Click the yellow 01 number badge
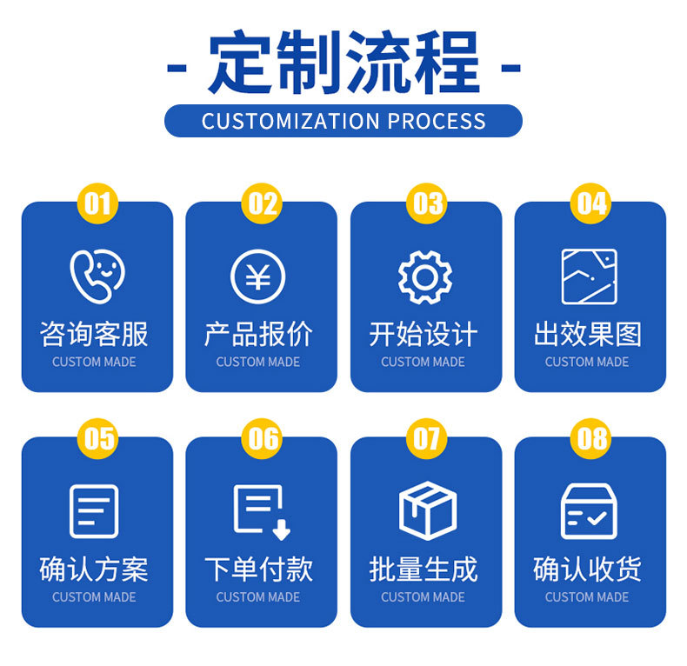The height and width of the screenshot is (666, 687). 97,203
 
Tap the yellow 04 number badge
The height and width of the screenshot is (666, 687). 590,203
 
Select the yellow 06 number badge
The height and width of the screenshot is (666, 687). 262,438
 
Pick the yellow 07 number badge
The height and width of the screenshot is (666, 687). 426,438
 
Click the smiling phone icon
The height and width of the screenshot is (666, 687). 97,276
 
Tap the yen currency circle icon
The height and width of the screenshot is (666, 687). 258,276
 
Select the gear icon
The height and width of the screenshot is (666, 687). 424,276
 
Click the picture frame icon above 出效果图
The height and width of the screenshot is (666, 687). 589,276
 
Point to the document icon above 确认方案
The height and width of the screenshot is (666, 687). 94,511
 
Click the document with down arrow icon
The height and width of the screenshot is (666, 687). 261,511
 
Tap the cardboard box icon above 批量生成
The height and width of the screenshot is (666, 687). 427,511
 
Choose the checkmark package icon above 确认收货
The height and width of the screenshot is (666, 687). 589,511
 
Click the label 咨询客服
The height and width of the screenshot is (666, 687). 94,335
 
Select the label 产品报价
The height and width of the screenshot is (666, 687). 258,335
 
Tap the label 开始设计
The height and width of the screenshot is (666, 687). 424,335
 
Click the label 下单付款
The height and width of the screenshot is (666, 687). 258,569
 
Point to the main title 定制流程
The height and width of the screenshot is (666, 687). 343,64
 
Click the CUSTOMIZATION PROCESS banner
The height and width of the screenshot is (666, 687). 343,121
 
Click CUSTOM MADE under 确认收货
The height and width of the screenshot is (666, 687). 587,597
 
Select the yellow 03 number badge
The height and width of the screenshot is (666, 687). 426,203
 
